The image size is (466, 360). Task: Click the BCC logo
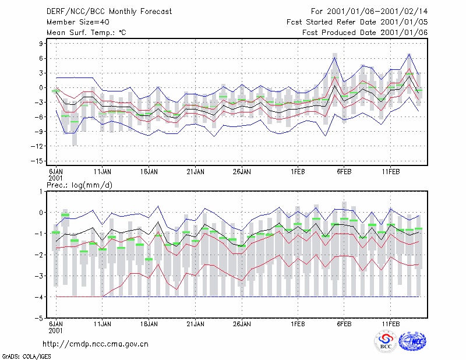(386, 341)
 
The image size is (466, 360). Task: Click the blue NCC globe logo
(412, 341)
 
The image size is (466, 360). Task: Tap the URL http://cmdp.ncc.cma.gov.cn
(96, 344)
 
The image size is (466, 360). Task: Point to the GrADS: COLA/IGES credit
(26, 357)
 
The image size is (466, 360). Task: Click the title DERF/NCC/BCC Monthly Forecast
(109, 12)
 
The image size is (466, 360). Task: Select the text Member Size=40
(78, 22)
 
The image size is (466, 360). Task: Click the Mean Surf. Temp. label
(86, 33)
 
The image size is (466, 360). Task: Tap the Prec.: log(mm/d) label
(79, 185)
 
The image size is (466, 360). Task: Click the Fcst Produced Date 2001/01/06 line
(365, 33)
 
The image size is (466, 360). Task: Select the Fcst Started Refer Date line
(357, 22)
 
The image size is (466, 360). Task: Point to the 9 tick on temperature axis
(41, 44)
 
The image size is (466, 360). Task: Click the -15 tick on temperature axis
(37, 161)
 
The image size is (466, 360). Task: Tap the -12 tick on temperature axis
(37, 146)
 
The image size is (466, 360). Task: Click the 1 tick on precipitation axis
(41, 192)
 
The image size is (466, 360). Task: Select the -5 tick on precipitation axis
(39, 319)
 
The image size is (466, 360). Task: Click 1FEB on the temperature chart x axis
(298, 172)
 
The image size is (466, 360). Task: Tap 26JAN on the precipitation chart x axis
(242, 324)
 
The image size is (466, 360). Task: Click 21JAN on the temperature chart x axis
(196, 172)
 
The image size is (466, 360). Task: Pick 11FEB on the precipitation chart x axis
(391, 324)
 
